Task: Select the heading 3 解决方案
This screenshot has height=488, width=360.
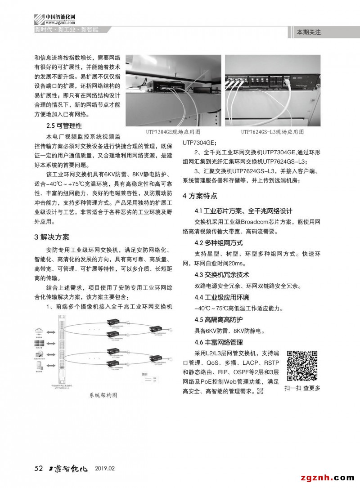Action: [x=52, y=237]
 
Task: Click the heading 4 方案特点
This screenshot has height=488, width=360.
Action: [x=200, y=196]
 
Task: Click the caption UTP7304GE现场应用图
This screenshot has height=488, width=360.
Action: [x=173, y=132]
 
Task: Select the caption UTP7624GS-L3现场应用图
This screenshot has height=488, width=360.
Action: [x=272, y=132]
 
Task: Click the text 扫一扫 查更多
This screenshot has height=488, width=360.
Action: [x=302, y=388]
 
